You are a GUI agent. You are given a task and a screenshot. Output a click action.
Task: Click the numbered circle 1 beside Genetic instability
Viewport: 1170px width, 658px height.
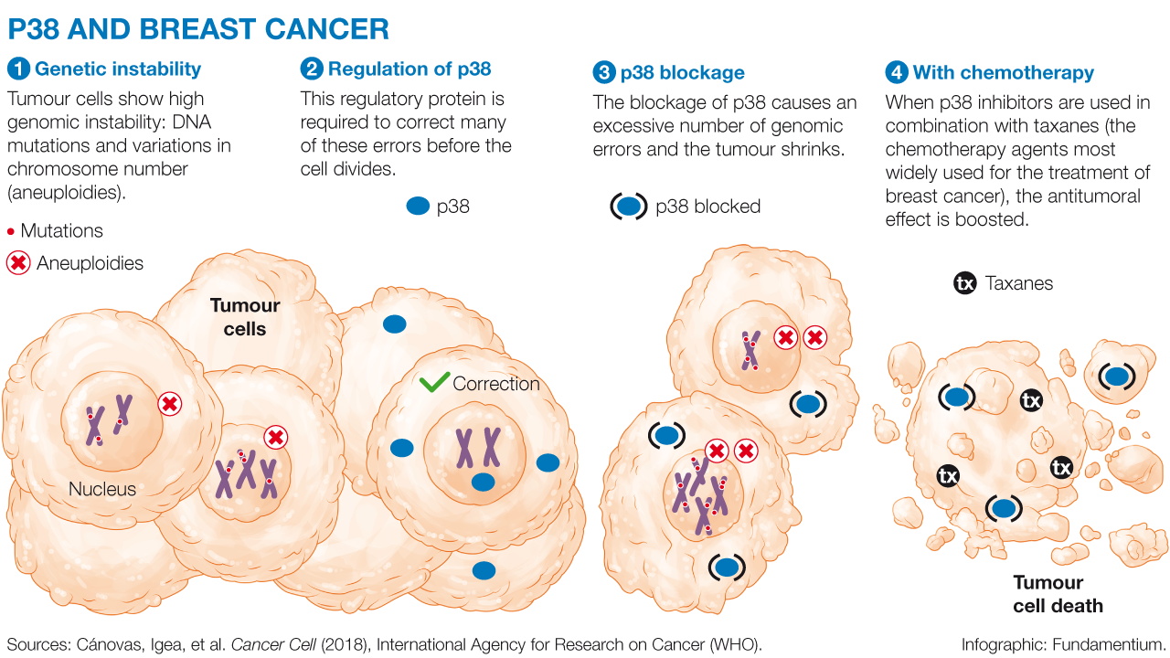(18, 69)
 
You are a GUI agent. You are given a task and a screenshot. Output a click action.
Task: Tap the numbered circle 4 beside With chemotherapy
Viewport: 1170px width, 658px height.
(896, 73)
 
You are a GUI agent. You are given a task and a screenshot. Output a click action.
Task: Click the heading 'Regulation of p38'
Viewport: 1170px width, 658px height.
(409, 69)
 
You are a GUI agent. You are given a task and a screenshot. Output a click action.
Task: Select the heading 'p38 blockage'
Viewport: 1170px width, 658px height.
(682, 73)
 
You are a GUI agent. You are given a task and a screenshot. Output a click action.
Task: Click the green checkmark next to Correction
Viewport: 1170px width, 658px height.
(433, 383)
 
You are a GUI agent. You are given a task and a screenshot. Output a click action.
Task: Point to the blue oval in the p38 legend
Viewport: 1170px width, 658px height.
(417, 207)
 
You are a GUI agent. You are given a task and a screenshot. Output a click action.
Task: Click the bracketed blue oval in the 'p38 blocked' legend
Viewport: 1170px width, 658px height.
(629, 207)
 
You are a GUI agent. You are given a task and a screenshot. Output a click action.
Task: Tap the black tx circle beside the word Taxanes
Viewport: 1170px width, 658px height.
(964, 283)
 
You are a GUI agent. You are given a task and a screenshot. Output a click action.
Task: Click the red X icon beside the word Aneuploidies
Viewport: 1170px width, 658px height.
(18, 263)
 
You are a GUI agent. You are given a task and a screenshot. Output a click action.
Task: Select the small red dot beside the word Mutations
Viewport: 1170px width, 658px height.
(11, 231)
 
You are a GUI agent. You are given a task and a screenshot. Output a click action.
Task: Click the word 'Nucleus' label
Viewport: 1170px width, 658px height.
(102, 490)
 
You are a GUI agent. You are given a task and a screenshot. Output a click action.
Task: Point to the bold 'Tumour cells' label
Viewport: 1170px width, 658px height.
(245, 317)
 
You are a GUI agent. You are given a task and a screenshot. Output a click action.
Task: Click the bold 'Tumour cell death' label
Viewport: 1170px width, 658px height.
(1058, 594)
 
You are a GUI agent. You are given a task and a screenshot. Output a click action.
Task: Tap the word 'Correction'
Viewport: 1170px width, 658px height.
(496, 384)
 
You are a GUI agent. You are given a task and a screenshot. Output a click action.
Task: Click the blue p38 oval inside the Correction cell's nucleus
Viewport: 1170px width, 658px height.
(483, 482)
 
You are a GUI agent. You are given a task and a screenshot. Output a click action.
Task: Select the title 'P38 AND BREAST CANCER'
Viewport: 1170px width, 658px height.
(198, 29)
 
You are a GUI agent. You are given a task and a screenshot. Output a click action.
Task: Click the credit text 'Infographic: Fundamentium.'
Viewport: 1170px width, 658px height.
(1063, 644)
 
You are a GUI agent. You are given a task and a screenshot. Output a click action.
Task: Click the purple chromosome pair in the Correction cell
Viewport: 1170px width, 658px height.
(478, 447)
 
